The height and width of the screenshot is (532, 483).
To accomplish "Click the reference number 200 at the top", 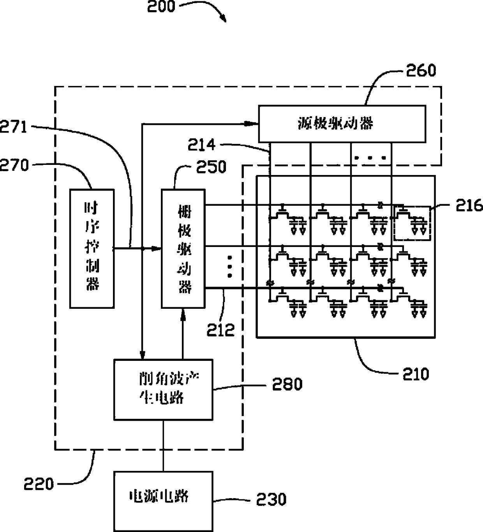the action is coord(161,6).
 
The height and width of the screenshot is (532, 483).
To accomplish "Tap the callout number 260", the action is coord(421,70).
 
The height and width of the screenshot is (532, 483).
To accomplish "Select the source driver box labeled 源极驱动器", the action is coord(342,124).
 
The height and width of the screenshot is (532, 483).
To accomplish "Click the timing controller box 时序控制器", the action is coord(92,248).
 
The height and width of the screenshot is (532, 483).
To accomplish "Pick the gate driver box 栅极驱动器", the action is coord(183,248).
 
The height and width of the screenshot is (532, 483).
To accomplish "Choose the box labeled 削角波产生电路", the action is coord(163,390).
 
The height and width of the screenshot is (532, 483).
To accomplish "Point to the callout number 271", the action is coord(14,127).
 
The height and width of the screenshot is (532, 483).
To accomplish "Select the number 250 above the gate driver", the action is coord(211,167).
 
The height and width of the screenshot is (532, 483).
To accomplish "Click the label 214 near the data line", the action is coord(202,145).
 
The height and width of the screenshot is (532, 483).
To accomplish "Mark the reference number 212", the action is coord(221,330).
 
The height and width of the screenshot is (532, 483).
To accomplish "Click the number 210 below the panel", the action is coord(416,374).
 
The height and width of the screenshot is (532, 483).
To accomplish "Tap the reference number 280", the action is coord(287,384).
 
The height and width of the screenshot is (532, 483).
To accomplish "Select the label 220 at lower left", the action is coord(39,484).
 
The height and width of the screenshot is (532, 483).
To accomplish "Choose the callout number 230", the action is coord(271,499).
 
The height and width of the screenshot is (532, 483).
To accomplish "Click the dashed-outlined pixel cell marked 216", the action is coord(412,223).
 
